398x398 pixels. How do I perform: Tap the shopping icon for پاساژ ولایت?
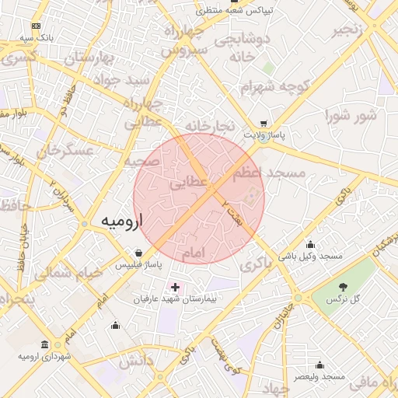click(x=264, y=124)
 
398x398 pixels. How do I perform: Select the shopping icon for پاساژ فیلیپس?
click(x=138, y=253)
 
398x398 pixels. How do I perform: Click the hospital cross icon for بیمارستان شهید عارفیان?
click(x=175, y=288)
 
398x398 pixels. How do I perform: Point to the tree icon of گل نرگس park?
click(x=343, y=287)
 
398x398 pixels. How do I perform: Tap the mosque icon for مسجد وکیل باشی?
click(x=311, y=244)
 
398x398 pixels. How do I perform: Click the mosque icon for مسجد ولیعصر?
click(x=319, y=365)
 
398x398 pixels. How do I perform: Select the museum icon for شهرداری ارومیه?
click(x=44, y=344)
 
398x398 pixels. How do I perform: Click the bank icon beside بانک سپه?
click(x=35, y=27)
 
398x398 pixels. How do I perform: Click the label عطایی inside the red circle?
click(x=189, y=184)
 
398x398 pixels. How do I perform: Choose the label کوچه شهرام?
click(x=276, y=86)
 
